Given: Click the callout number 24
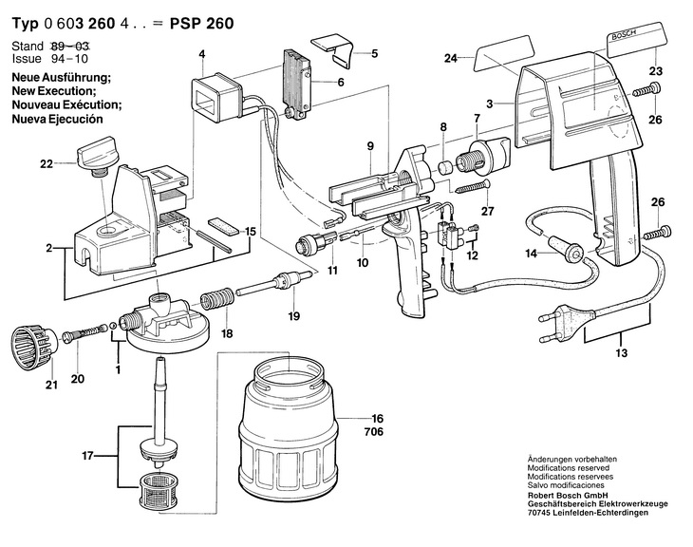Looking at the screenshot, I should click(451, 59).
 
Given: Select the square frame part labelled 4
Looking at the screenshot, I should click(215, 96).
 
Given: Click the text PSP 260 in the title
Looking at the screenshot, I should click(200, 22).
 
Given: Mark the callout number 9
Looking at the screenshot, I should click(371, 145).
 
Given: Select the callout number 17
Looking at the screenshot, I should click(87, 457).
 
